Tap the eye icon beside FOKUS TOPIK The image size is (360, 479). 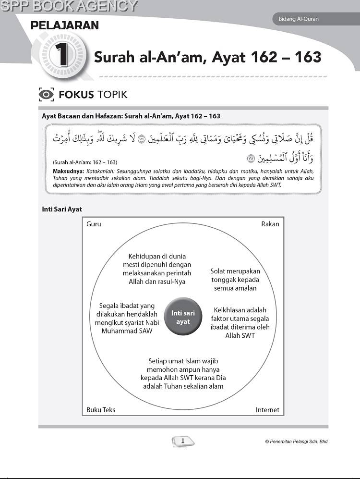coord(46,94)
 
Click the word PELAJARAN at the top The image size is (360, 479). coord(64,25)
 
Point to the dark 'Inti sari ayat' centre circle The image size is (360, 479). coord(183,318)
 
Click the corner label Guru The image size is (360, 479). coord(94,224)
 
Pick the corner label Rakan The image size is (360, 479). coord(270,224)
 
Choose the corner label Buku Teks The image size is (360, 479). coord(101,410)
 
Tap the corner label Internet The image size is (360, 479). coord(267,410)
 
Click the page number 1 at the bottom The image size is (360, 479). coord(183,441)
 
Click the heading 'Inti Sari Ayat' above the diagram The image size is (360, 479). coord(62,209)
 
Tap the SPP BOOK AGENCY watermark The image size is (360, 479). coord(69,6)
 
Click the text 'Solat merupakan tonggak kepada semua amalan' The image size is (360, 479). coord(235,280)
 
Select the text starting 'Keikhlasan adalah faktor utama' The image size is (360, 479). coord(240,322)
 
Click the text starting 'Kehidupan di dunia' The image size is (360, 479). coord(157,269)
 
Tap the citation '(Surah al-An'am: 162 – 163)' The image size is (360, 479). coord(79,162)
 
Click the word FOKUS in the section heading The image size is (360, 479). coord(76,94)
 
